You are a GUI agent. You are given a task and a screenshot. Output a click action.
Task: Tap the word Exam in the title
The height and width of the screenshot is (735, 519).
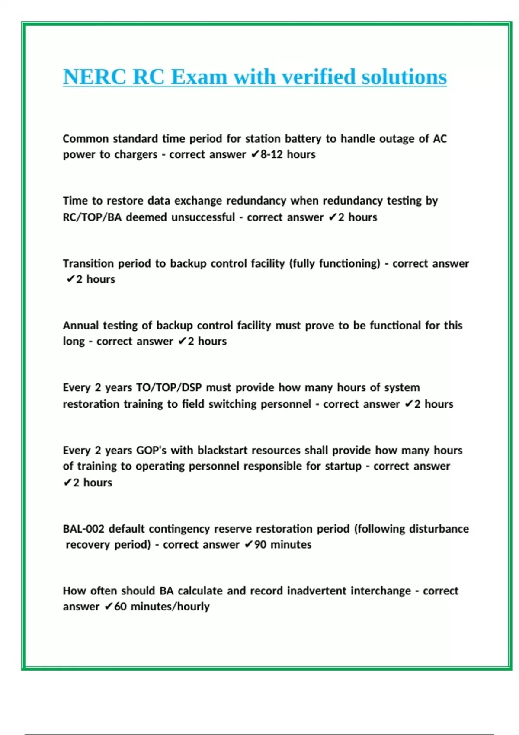(199, 77)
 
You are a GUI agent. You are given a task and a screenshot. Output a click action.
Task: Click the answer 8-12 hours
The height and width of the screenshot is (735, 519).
(288, 154)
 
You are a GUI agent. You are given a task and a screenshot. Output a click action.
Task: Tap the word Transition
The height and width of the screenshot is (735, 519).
(88, 263)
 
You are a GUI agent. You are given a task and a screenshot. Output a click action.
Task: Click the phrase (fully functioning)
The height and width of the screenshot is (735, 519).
(334, 263)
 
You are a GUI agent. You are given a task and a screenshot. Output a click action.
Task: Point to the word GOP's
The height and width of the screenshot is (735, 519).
(151, 450)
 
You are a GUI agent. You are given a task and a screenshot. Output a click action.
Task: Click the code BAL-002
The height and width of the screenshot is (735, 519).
(83, 529)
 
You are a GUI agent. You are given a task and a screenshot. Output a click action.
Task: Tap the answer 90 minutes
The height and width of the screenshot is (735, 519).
(283, 544)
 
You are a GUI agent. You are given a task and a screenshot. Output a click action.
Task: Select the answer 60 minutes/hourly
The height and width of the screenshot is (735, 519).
(162, 607)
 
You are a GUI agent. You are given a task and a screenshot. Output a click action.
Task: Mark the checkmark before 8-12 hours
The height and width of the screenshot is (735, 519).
(255, 154)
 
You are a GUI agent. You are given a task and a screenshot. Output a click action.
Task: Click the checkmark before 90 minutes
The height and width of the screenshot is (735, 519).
(249, 544)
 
